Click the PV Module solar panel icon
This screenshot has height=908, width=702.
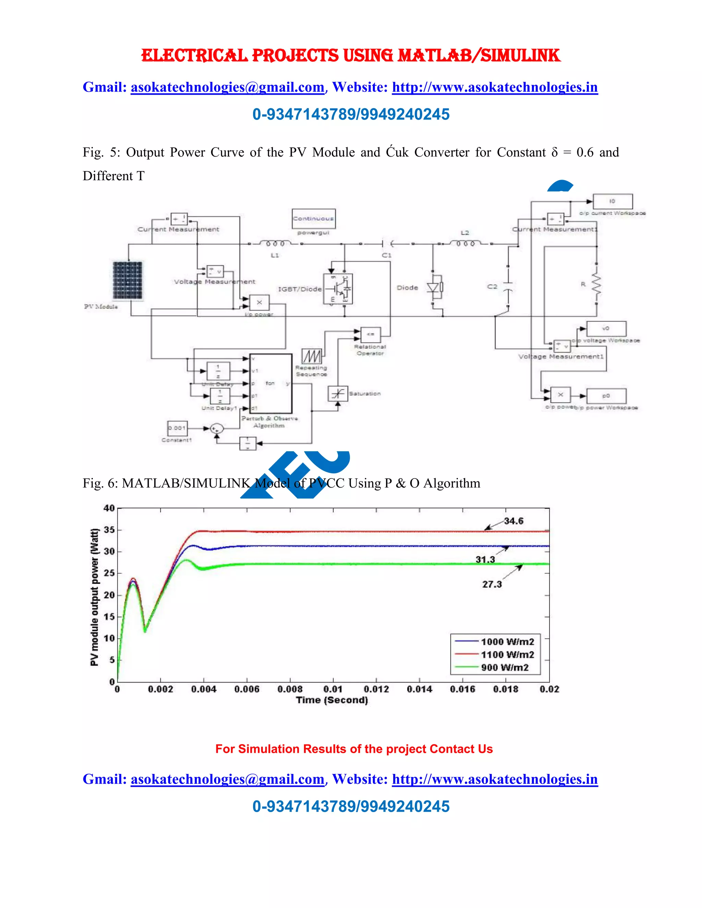(128, 280)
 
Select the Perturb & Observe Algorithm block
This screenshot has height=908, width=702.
(270, 383)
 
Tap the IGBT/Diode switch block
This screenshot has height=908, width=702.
(338, 289)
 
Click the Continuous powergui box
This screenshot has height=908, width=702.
(314, 219)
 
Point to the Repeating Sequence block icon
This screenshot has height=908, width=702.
(312, 356)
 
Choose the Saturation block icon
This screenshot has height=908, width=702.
(338, 393)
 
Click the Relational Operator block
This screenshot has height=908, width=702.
(370, 335)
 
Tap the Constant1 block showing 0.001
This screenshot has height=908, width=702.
(177, 428)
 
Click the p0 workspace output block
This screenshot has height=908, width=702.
(606, 396)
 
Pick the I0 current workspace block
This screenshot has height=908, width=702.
(612, 201)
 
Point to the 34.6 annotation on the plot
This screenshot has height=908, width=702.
(513, 521)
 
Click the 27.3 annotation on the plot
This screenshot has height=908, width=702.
(492, 584)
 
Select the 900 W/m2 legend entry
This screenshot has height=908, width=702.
(505, 667)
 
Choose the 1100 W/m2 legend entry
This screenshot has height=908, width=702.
(507, 654)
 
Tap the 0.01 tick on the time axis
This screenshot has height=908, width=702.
(333, 689)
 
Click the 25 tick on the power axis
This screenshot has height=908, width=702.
(109, 573)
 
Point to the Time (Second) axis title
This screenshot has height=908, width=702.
(332, 700)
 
